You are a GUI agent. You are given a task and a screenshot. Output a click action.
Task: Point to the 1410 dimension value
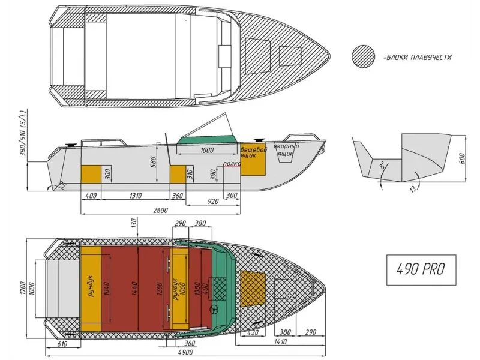tap(281, 342)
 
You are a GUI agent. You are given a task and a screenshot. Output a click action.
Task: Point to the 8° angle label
tap(380, 166)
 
